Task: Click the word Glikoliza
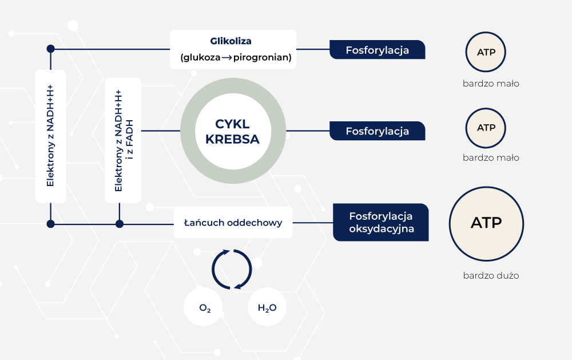point(231,41)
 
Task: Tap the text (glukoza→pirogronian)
point(235,57)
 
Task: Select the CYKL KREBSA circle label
point(232,132)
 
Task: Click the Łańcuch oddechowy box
point(233,223)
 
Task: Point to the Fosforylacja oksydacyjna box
point(381,223)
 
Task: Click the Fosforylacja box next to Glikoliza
point(377,50)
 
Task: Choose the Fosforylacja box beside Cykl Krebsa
point(377,131)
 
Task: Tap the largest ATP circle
point(486,223)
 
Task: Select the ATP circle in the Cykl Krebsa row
point(486,127)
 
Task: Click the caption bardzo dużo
point(491,275)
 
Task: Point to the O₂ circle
point(205,308)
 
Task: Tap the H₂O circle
point(267,308)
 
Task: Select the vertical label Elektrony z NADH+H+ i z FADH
point(122,140)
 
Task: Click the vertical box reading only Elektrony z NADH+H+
point(50,136)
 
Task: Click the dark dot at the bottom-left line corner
point(50,223)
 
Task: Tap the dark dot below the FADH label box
point(119,223)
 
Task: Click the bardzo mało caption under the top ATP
point(491,84)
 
